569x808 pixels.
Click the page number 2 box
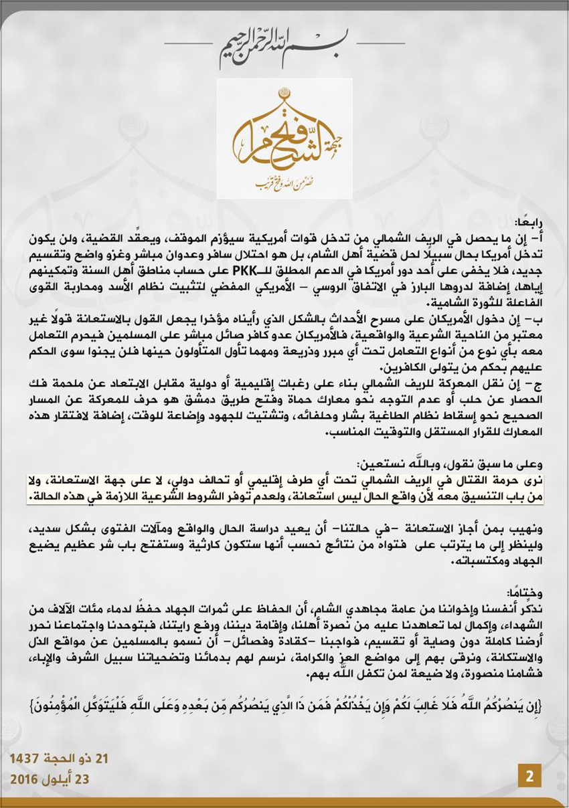tap(530, 777)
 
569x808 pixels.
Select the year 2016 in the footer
tap(23, 779)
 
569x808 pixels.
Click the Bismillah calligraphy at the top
tap(284, 48)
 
